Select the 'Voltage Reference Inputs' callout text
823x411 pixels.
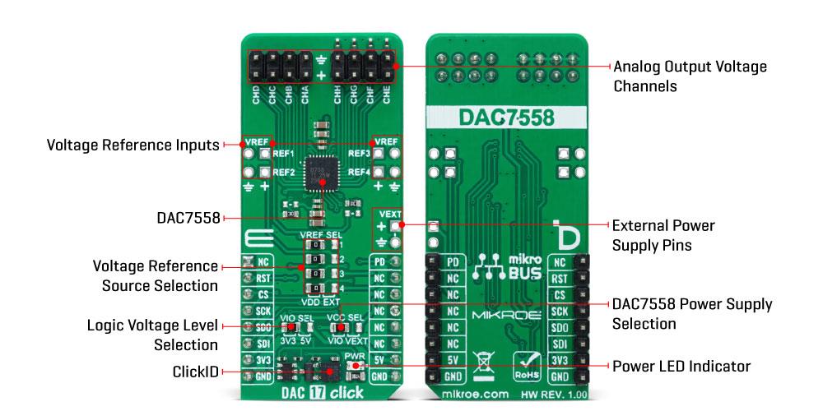[x=133, y=145]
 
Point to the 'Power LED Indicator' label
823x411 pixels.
[x=681, y=365]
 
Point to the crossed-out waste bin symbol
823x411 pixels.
[x=484, y=363]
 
